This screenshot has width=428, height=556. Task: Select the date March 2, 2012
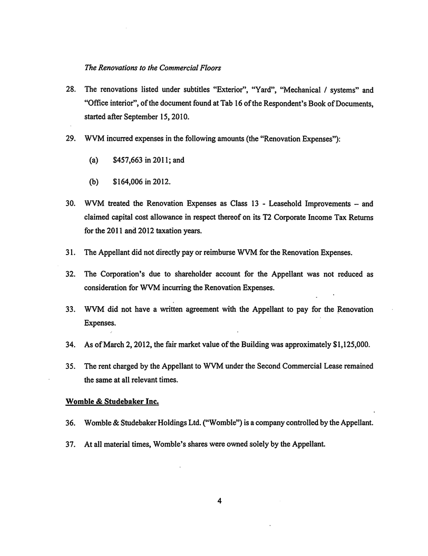(x=121, y=345)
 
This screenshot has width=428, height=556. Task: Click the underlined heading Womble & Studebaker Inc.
(x=112, y=401)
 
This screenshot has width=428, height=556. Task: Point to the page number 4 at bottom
(x=219, y=501)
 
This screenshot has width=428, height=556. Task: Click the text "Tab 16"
(x=221, y=103)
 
